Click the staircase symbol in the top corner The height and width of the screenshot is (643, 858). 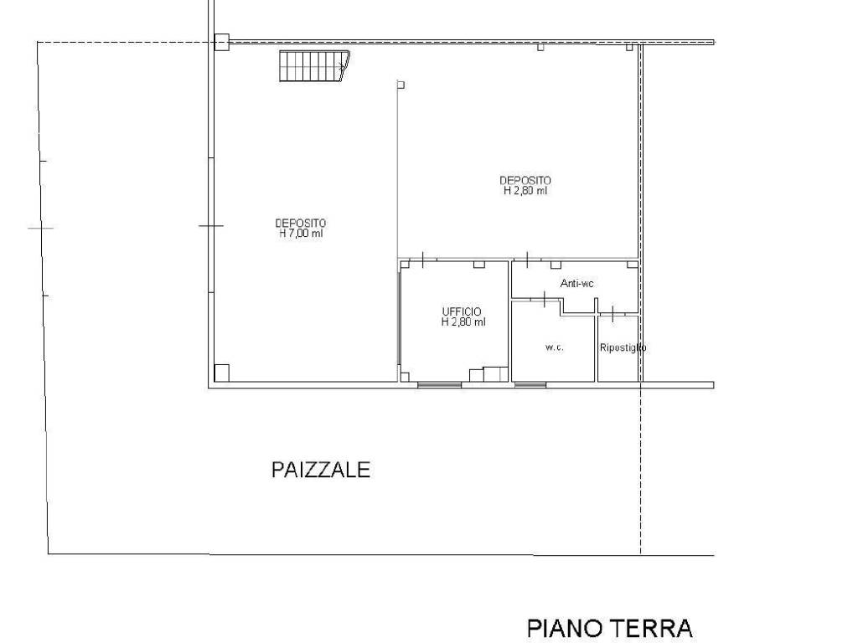pyautogui.click(x=313, y=65)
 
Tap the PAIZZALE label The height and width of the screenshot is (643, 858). pyautogui.click(x=321, y=470)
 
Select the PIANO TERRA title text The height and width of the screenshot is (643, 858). pyautogui.click(x=609, y=627)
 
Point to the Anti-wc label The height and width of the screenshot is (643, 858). pyautogui.click(x=577, y=284)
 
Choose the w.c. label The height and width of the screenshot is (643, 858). pyautogui.click(x=554, y=347)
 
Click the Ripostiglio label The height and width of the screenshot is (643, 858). pyautogui.click(x=623, y=347)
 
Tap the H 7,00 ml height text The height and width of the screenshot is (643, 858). pyautogui.click(x=301, y=234)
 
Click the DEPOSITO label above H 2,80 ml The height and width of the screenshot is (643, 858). pyautogui.click(x=525, y=180)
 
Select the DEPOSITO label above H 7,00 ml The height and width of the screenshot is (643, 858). pyautogui.click(x=301, y=223)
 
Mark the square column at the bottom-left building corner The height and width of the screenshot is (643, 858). pyautogui.click(x=222, y=373)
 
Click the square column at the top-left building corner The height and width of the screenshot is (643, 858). pyautogui.click(x=221, y=42)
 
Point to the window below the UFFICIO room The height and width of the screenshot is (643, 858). pyautogui.click(x=440, y=385)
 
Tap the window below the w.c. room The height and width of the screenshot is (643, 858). pyautogui.click(x=530, y=385)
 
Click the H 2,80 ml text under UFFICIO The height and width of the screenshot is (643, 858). pyautogui.click(x=463, y=322)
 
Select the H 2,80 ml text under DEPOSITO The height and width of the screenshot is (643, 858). pyautogui.click(x=525, y=191)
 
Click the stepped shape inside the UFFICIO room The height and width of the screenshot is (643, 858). pyautogui.click(x=489, y=374)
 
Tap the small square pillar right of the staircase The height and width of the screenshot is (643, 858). pyautogui.click(x=401, y=85)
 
